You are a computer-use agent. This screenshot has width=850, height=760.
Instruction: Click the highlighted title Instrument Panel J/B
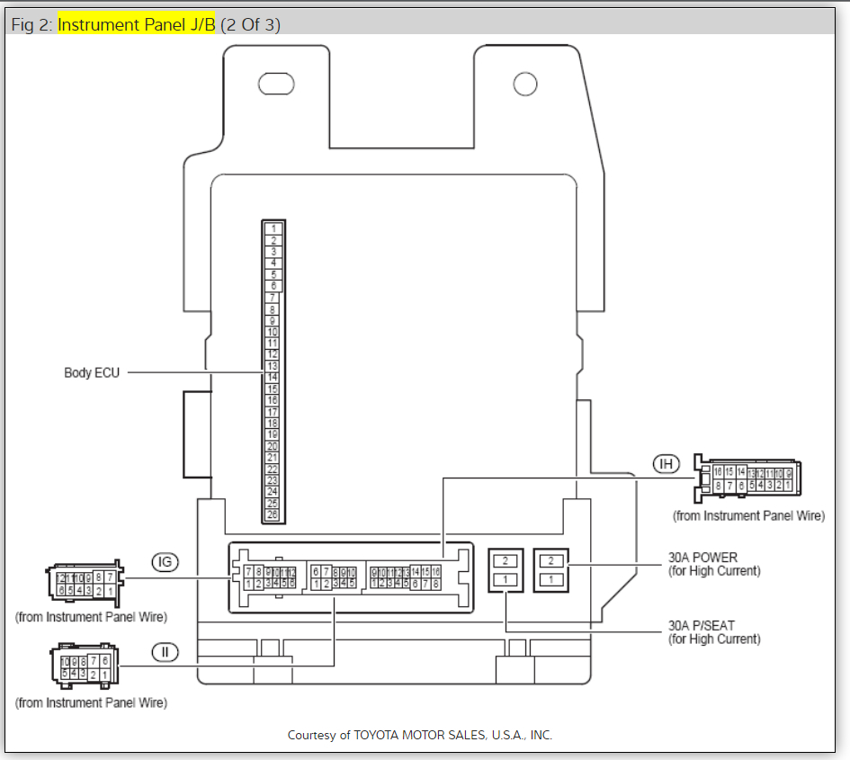tap(137, 24)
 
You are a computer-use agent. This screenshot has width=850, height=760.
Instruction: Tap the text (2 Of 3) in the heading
tap(250, 24)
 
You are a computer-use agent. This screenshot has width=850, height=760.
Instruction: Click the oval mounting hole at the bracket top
tap(276, 85)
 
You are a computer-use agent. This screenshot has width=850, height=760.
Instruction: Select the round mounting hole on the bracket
tap(525, 85)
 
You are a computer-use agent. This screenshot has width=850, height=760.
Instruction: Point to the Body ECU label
tap(91, 372)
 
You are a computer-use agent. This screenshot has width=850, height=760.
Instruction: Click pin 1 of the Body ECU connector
tap(273, 228)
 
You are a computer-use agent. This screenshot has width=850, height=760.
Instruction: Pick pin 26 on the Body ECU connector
tap(273, 515)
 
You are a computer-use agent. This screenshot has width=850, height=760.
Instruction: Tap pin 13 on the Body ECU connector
tap(273, 366)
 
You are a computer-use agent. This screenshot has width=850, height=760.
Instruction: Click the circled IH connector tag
tap(667, 463)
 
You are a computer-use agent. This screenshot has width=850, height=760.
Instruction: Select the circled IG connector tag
tap(165, 563)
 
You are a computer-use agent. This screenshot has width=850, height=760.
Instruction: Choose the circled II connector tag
tap(165, 651)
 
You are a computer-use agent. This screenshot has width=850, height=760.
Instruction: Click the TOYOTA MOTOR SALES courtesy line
tap(419, 735)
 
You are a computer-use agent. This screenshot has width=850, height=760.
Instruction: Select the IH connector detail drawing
tap(750, 479)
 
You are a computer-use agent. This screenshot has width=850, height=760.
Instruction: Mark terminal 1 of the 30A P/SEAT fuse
tap(506, 580)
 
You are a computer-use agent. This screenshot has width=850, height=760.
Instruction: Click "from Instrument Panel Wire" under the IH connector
tap(748, 516)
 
